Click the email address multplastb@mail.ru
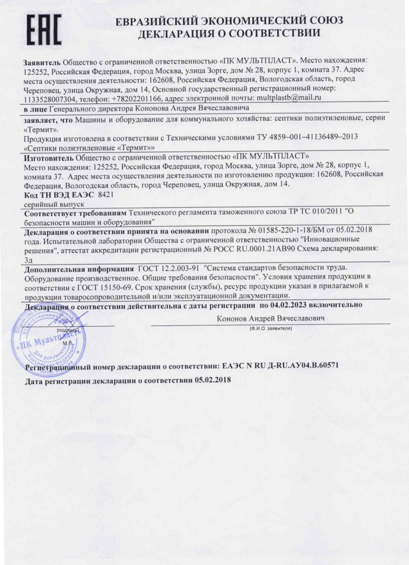tap(289, 97)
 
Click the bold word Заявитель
tap(42, 62)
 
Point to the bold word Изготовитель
tap(48, 157)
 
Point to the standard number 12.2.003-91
tap(180, 268)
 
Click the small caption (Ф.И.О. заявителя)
tap(270, 328)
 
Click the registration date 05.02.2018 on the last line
tap(213, 380)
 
